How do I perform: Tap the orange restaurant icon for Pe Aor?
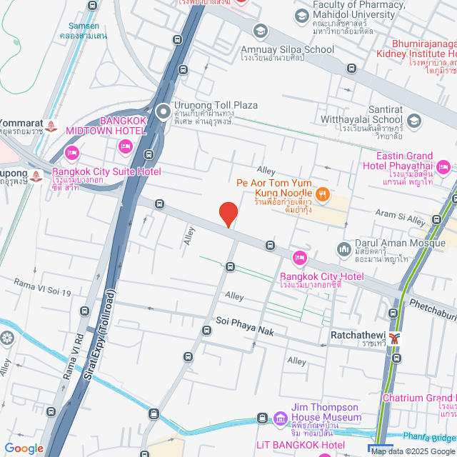coord(322,193)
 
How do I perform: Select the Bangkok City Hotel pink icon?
coord(300,258)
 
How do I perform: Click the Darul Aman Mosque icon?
coord(343,248)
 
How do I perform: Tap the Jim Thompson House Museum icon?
coord(280,418)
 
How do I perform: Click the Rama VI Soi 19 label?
coord(44,288)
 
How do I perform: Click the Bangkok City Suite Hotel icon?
coord(71,153)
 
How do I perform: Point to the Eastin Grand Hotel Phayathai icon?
coord(443,168)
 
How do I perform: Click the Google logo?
coord(24,448)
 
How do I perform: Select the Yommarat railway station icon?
coord(51,126)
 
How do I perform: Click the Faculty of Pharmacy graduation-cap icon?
coord(301,16)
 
